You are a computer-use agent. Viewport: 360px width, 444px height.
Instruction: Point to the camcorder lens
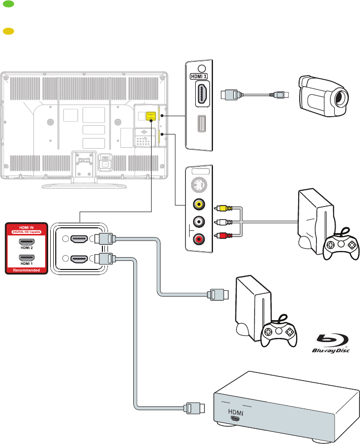[339, 97]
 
